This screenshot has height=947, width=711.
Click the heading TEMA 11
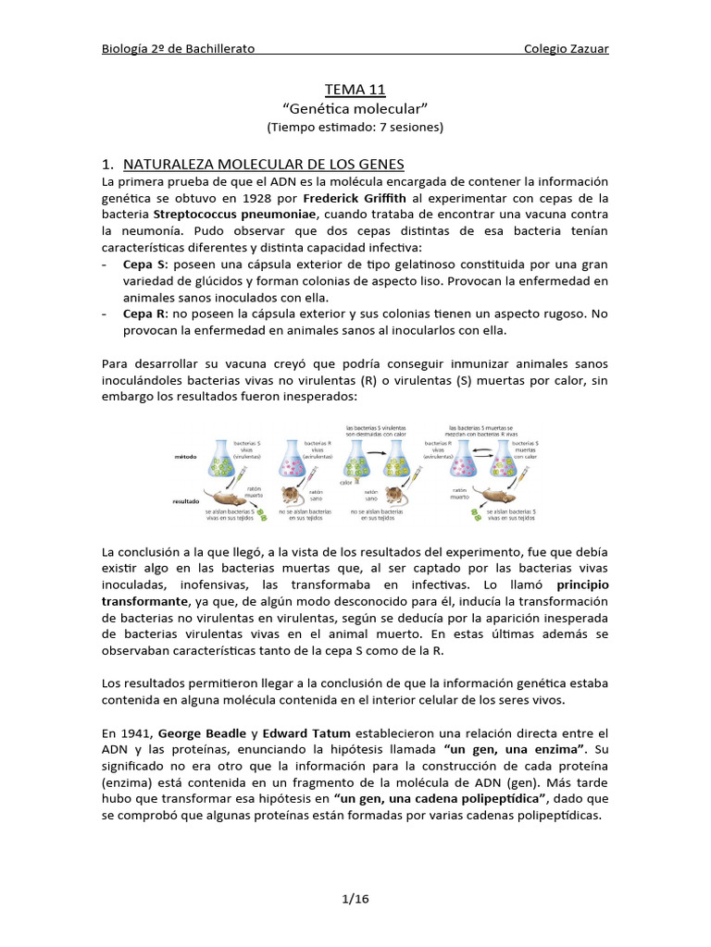pos(355,89)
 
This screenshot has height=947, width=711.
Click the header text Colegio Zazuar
pos(566,48)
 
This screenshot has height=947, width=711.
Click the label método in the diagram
pos(186,456)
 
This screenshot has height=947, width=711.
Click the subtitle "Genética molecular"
pos(355,108)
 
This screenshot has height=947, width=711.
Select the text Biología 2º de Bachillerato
pos(179,48)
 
